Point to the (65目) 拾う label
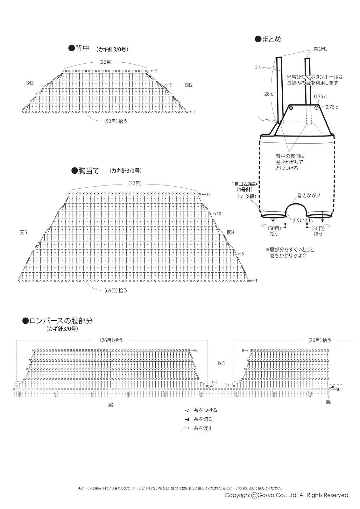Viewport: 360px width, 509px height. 115,290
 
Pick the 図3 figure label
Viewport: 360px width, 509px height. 30,83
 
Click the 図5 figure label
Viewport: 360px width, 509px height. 23,233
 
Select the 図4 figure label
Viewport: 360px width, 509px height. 230,233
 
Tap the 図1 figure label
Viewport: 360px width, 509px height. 222,363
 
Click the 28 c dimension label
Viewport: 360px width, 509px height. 269,94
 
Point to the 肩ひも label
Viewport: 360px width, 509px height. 320,49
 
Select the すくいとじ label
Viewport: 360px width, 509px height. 302,220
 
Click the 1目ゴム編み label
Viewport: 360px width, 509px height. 244,184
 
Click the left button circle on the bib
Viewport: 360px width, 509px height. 291,108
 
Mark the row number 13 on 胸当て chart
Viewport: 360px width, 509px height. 208,194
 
